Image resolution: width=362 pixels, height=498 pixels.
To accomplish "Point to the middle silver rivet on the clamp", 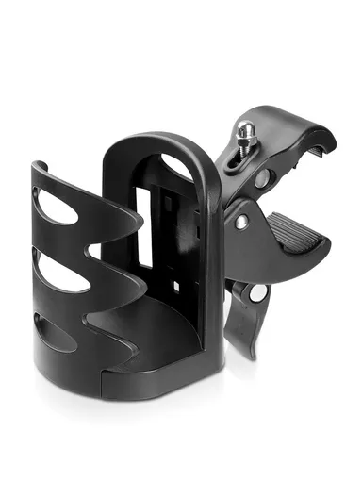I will [242, 222].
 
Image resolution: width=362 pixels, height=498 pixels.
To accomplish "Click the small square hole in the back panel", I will [175, 283].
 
